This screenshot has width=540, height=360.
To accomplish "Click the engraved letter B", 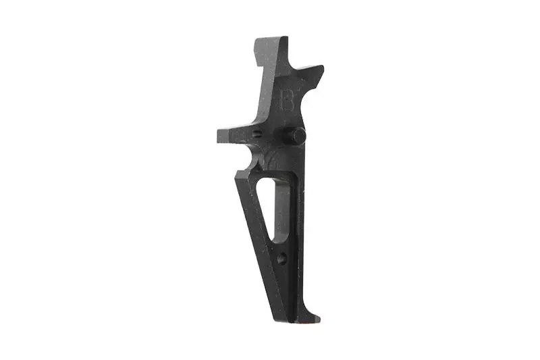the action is coord(287,100).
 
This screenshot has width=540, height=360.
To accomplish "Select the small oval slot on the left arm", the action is coord(256,134).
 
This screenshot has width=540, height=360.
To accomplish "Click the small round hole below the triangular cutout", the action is coord(282,257).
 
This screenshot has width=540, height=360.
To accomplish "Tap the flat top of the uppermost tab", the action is coord(271,38).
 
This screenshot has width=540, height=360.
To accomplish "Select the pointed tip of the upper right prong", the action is coord(321,68).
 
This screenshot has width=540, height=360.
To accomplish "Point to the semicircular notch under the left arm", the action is coord(251,157).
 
